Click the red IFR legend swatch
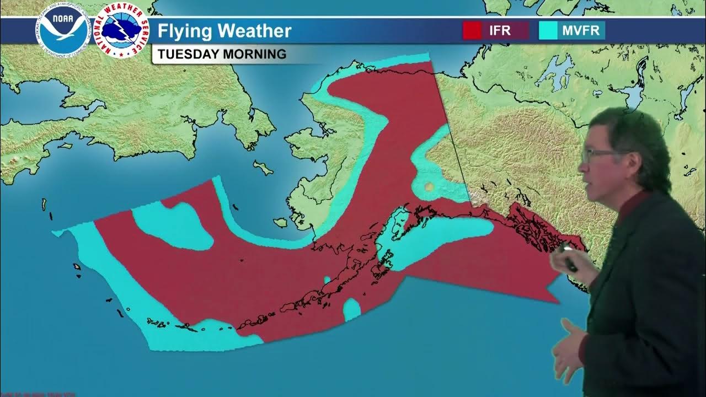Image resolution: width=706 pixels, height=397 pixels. tap(472, 30)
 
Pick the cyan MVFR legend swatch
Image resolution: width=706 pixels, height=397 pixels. tap(548, 30)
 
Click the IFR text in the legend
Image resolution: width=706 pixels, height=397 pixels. tap(500, 30)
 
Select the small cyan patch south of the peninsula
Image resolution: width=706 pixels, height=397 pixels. tap(352, 309)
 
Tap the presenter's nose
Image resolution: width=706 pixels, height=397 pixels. tap(583, 163)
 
